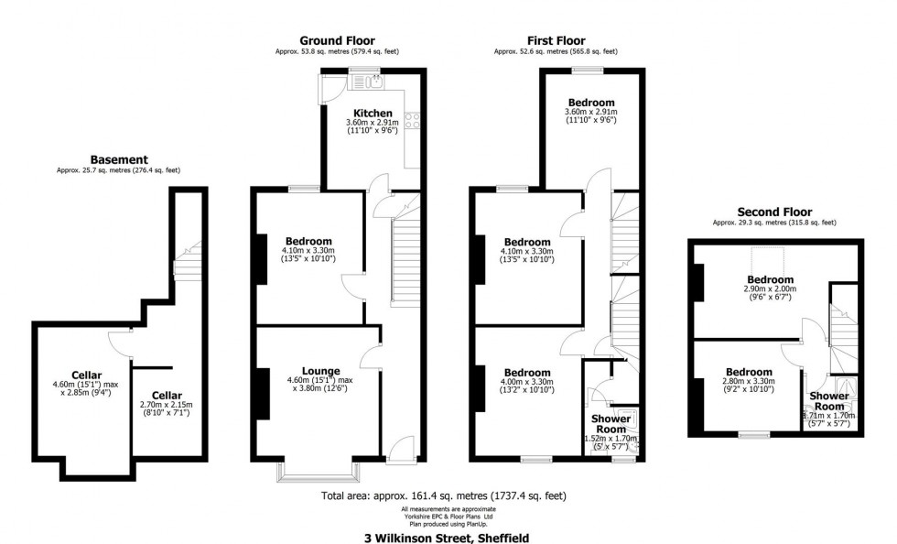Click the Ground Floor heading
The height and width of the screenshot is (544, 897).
tap(337, 40)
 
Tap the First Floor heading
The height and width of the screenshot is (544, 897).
tap(557, 40)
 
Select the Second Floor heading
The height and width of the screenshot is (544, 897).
tap(774, 212)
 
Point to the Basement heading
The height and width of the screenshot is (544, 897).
tap(119, 159)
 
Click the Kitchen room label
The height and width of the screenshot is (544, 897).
tap(373, 114)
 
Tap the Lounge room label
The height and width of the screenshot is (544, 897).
tap(321, 371)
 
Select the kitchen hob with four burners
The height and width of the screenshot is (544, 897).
tap(412, 120)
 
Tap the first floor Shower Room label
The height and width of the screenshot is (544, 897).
tap(611, 424)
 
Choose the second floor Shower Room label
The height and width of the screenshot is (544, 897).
tap(829, 401)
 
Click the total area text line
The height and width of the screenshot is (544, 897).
tap(444, 495)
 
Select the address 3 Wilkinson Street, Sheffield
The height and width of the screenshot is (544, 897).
tap(447, 538)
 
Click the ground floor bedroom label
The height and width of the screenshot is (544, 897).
tap(308, 241)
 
